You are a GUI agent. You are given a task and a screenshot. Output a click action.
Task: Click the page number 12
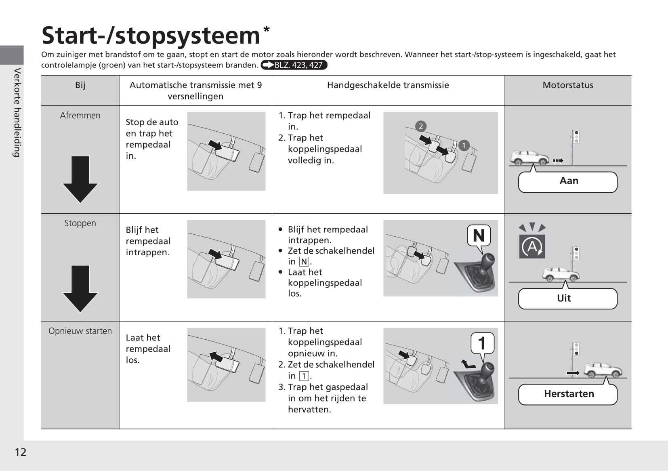[x=21, y=452]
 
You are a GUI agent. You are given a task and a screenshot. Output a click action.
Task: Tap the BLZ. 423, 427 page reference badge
[x=294, y=65]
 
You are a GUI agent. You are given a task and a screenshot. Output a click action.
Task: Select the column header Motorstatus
[x=567, y=85]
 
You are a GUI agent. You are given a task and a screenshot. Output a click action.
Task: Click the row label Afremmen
[x=80, y=116]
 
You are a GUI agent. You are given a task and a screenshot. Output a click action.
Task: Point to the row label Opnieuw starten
[x=80, y=331]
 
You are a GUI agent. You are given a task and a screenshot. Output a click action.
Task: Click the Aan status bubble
[x=568, y=181]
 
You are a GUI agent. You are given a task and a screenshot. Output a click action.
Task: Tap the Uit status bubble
[x=567, y=299]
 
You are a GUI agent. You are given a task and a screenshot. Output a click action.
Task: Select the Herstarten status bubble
[x=568, y=394]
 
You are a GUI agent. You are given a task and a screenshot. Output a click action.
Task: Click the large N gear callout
[x=479, y=235]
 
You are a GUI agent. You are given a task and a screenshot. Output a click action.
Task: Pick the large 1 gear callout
[x=482, y=343]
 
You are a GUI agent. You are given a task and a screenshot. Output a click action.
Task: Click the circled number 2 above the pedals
[x=420, y=126]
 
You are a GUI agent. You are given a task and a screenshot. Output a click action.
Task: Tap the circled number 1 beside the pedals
[x=464, y=145]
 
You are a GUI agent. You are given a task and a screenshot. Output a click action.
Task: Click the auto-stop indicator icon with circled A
[x=532, y=246]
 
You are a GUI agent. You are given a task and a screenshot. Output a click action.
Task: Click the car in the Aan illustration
[x=529, y=158]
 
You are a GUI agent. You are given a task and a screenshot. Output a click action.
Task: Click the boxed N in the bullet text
[x=304, y=262]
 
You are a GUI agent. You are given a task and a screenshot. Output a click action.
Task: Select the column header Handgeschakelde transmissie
[x=388, y=85]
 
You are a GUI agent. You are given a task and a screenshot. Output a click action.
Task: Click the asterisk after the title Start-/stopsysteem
[x=267, y=29]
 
